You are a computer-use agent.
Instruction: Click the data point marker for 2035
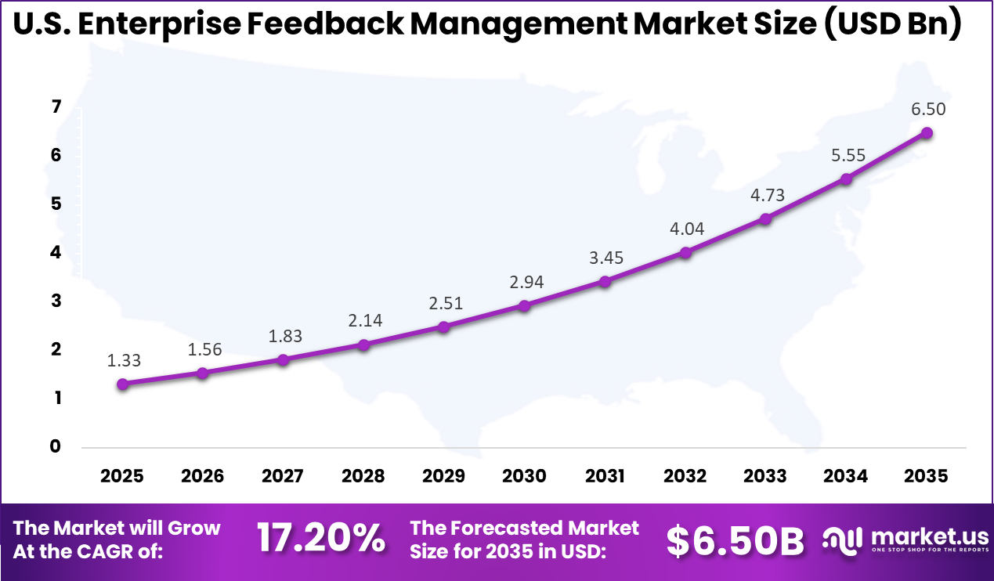[x=927, y=133]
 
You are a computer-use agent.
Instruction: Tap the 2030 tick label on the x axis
[x=524, y=476]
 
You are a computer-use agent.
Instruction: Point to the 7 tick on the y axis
[x=56, y=107]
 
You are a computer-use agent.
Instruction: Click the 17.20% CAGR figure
[x=321, y=539]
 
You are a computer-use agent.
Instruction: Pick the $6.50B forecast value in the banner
[x=735, y=539]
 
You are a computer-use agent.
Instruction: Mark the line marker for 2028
[x=363, y=345]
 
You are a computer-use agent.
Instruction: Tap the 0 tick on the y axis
[x=56, y=446]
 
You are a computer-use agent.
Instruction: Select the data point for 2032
[x=685, y=253]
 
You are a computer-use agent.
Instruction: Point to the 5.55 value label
[x=847, y=155]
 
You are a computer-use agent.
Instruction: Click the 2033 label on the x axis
[x=765, y=476]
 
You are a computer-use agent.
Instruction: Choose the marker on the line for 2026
[x=202, y=373]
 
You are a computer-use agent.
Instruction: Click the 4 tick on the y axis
[x=56, y=253]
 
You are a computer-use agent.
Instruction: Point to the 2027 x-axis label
[x=283, y=476]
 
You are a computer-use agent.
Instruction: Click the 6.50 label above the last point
[x=927, y=109]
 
